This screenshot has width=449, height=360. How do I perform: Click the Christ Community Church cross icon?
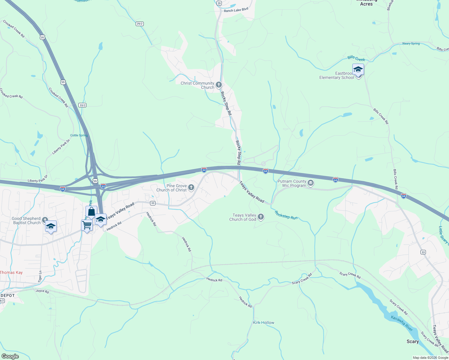pos(218,85)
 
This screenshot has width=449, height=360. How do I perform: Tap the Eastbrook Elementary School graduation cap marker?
pos(358,70)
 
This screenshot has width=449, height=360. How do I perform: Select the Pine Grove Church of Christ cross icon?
pos(191,188)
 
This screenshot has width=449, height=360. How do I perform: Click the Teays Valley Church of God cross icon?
pos(261,217)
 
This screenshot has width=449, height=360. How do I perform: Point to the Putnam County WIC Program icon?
pos(311,183)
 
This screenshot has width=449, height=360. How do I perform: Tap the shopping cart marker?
pos(87,225)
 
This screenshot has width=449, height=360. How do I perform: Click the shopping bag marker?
pos(91,212)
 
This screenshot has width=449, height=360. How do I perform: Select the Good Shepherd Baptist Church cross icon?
pos(45,220)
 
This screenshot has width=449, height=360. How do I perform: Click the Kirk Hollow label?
pos(264,323)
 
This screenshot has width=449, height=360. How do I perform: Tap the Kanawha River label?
pos(402,323)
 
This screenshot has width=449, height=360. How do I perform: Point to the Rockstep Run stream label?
pos(286,215)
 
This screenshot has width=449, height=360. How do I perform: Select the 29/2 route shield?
pos(140,24)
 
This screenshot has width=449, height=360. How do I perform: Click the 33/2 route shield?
pos(82,105)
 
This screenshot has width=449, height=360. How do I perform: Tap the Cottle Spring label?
pos(79,135)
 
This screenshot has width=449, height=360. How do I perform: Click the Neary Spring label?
pos(411,44)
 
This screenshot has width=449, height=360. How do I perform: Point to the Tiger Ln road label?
pos(40,276)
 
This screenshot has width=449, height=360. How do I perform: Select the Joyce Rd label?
pos(42,291)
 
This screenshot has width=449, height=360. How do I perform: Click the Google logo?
pos(10,356)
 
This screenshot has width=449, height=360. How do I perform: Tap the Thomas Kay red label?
pos(11,272)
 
